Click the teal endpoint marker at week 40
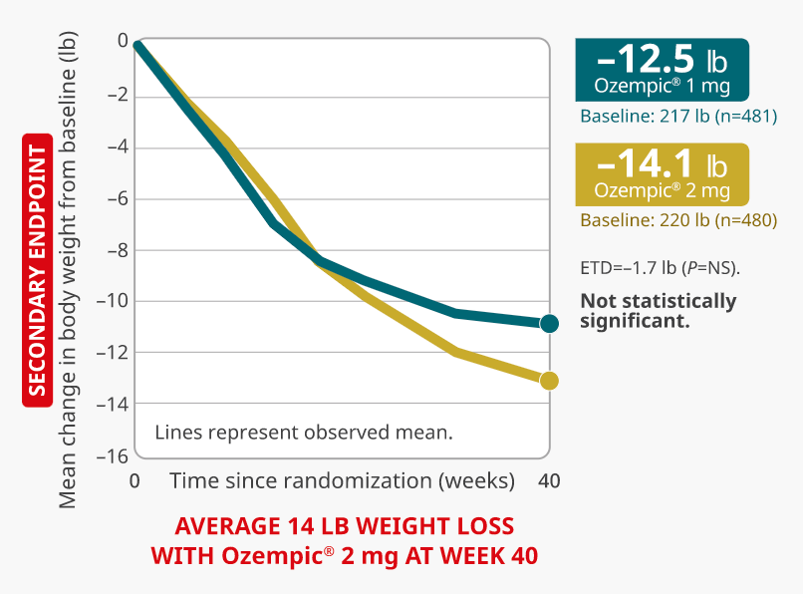(x=549, y=323)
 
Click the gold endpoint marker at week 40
(x=549, y=381)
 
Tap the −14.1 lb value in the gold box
(x=662, y=164)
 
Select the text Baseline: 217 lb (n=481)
(x=677, y=117)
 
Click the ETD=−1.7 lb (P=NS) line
(x=660, y=268)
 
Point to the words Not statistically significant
(x=658, y=311)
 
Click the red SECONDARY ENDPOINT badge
(x=38, y=269)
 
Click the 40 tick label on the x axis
(x=548, y=480)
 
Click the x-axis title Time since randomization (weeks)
(x=342, y=480)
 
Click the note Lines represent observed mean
(x=304, y=433)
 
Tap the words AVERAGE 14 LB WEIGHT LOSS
(x=345, y=526)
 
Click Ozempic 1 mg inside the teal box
(x=662, y=86)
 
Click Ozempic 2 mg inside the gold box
(x=662, y=189)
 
